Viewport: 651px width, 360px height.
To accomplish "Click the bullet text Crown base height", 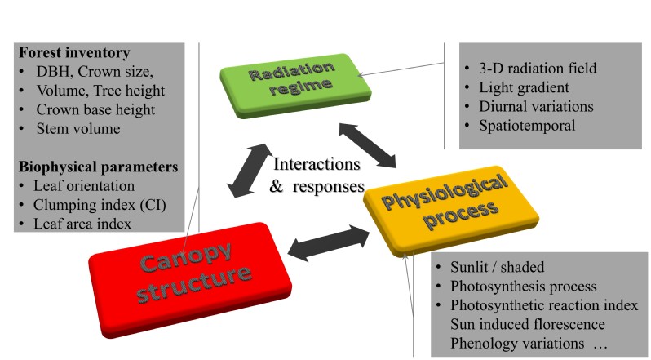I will click(95, 109).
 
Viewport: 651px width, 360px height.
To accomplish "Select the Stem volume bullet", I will click(77, 128).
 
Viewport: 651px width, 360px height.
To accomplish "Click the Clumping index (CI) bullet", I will click(101, 204).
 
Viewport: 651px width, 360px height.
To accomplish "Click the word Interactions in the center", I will click(317, 163).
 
